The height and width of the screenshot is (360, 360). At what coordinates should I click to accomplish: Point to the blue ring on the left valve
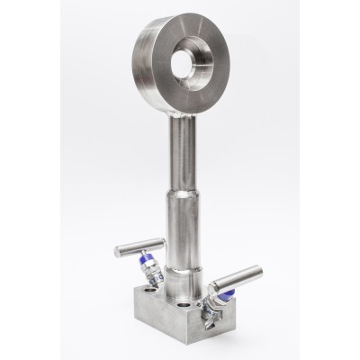click(145, 271)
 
